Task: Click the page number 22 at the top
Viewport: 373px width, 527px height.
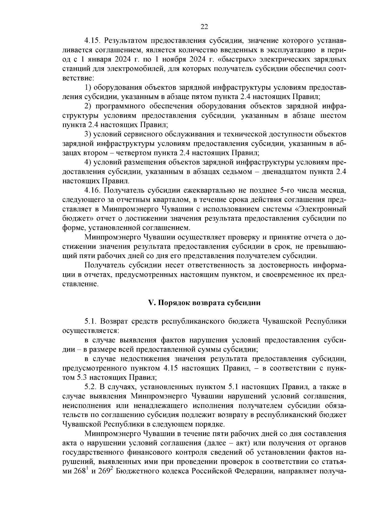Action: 204,27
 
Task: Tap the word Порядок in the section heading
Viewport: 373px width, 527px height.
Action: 174,303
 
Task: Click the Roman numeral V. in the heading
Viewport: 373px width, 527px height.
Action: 152,303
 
